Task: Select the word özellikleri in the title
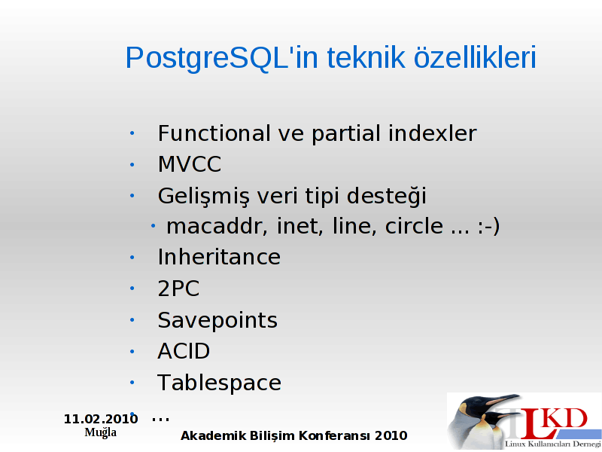point(475,57)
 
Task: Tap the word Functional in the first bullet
point(214,133)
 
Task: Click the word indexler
point(432,133)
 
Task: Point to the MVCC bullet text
point(190,164)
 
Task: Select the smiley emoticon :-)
point(488,226)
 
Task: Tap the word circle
point(415,226)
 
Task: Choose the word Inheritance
point(219,257)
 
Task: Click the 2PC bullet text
point(178,289)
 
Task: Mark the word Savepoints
point(217,321)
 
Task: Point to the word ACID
point(184,351)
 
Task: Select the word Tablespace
point(219,383)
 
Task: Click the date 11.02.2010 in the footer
point(101,419)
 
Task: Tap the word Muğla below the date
point(101,432)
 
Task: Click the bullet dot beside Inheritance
point(132,257)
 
